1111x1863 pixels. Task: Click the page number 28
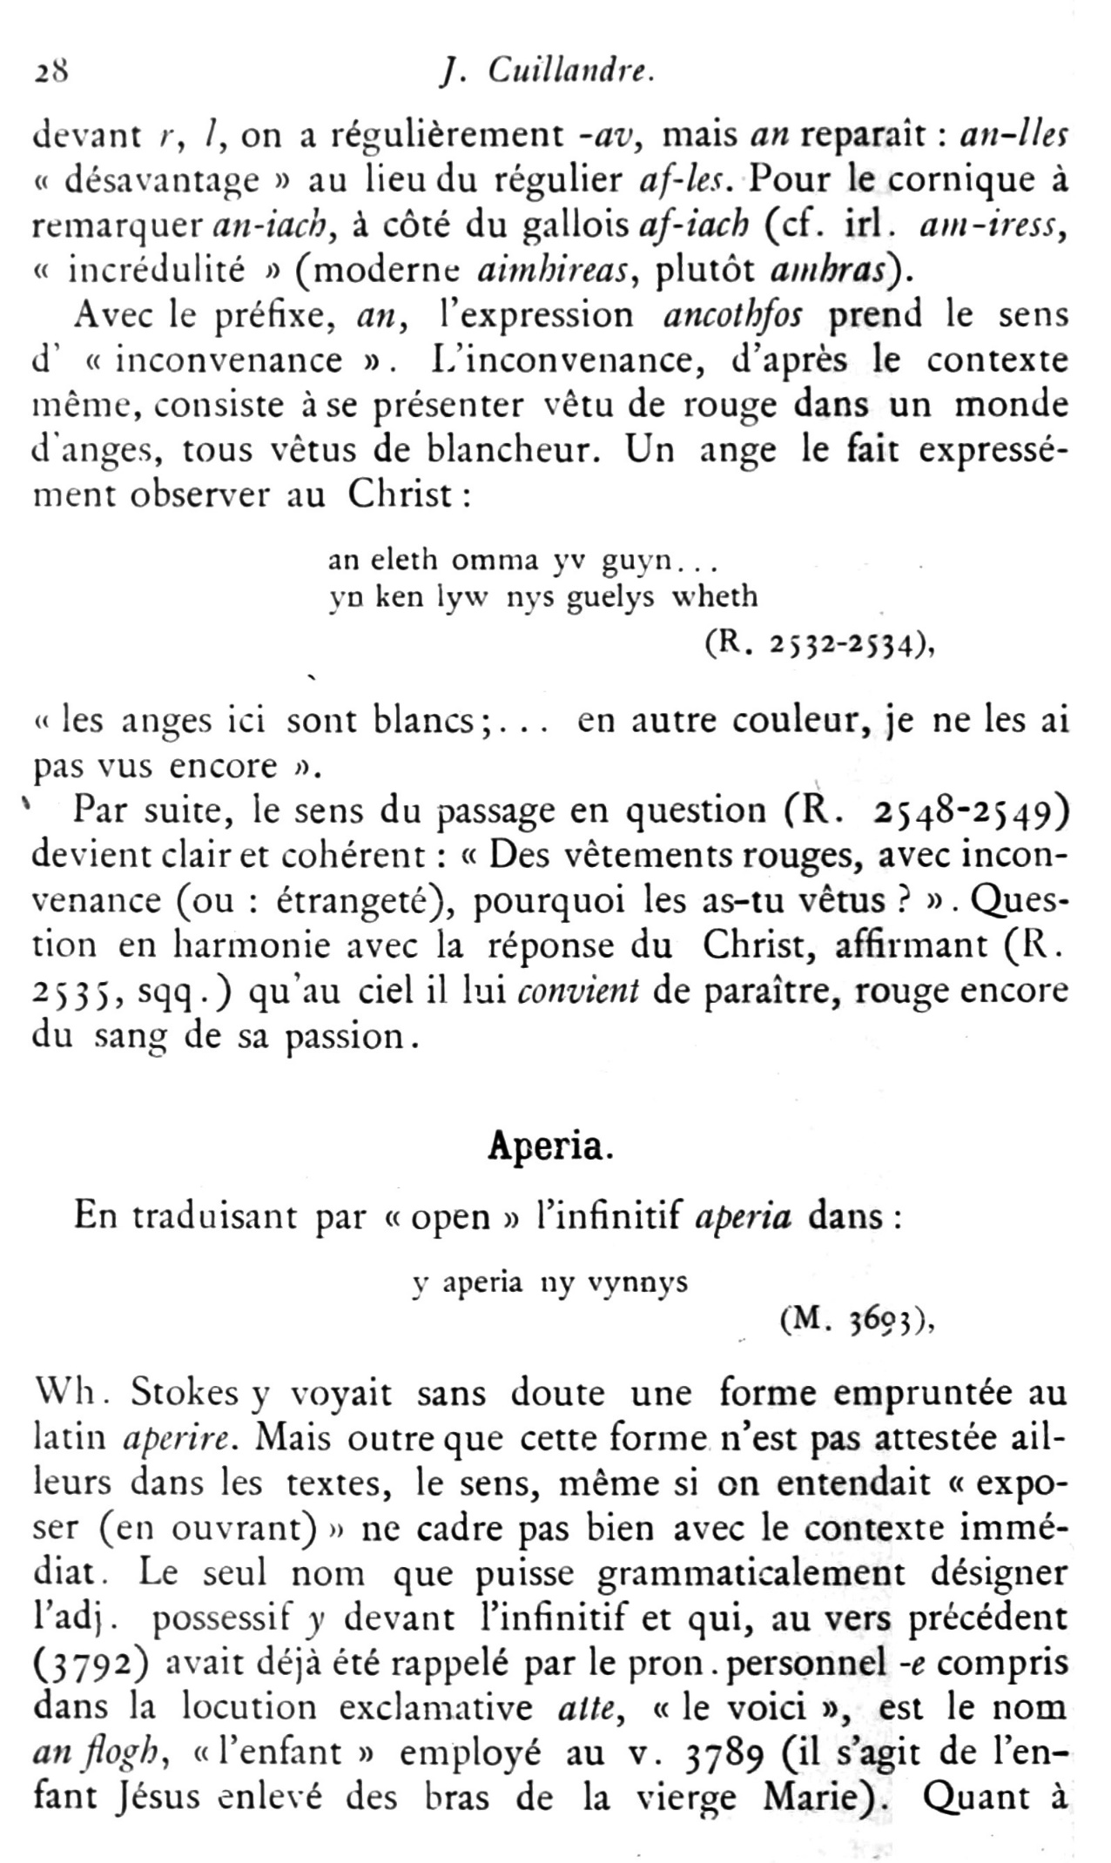(x=52, y=71)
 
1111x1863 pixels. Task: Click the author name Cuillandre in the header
(x=571, y=71)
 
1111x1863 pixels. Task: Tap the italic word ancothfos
(x=733, y=314)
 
